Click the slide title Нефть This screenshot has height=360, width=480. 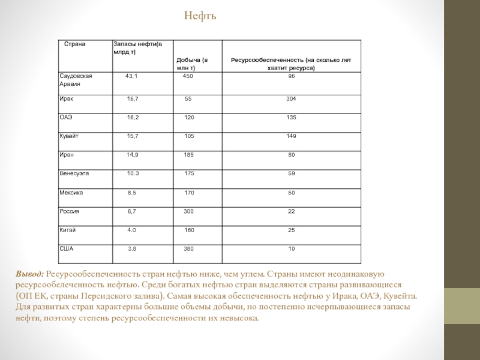[200, 16]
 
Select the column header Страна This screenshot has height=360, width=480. [76, 44]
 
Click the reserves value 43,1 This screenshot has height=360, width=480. [131, 77]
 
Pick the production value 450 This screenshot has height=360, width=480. [188, 77]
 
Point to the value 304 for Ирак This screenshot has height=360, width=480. [291, 98]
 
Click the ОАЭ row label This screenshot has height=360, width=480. [65, 118]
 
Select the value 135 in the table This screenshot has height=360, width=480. [291, 118]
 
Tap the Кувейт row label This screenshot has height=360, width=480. [69, 136]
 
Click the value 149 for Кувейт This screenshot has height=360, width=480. [291, 136]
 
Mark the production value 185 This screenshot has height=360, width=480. [188, 155]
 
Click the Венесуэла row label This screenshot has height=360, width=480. [74, 173]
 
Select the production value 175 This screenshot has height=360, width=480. [189, 173]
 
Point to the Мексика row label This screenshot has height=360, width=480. [71, 193]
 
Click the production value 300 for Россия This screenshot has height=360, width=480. [188, 211]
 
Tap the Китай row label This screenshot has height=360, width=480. [67, 230]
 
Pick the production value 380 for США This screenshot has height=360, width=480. [188, 248]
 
